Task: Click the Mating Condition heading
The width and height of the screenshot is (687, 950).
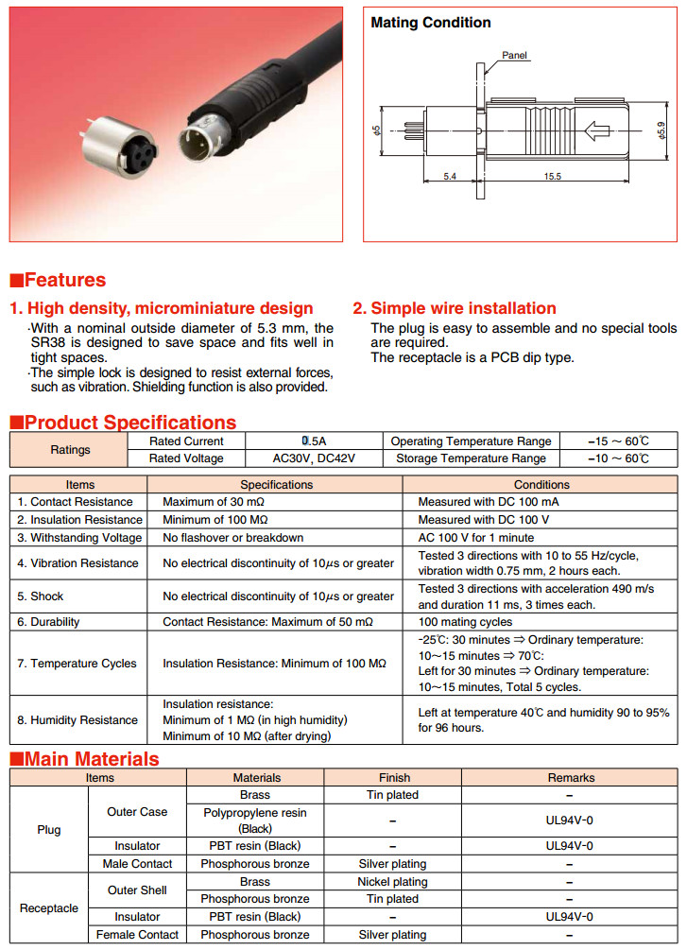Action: [x=430, y=22]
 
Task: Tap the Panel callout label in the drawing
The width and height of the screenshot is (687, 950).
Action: [x=514, y=55]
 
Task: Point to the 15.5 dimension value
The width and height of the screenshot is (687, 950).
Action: [x=553, y=177]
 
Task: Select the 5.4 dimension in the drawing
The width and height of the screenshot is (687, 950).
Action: [x=450, y=177]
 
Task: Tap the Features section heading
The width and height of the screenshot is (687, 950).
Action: [x=58, y=280]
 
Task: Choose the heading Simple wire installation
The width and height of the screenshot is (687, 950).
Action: [x=455, y=308]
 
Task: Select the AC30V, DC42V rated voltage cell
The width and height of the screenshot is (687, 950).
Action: [x=314, y=458]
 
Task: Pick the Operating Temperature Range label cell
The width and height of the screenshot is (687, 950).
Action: [x=471, y=441]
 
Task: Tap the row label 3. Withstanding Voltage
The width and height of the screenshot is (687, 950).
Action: [x=79, y=538]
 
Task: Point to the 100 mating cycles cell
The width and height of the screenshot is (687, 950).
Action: [x=465, y=622]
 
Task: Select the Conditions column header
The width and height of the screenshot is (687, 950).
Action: [x=541, y=484]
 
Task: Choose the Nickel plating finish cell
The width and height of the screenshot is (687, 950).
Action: [x=392, y=882]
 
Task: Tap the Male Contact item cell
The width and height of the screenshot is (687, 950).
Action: [x=137, y=864]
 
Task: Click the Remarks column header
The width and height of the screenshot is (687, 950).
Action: [x=571, y=778]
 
